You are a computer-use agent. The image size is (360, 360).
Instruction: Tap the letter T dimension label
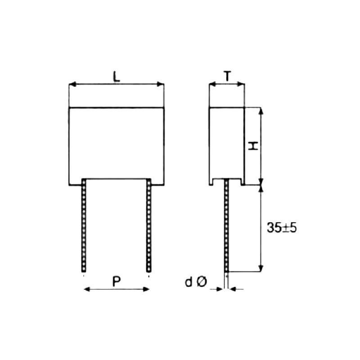tap(228, 76)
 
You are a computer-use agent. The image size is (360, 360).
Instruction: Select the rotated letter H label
tap(254, 146)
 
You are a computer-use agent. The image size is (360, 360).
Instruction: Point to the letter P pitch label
tap(116, 282)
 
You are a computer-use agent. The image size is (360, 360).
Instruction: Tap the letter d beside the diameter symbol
tap(189, 283)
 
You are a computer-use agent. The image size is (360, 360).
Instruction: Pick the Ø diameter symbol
tap(202, 283)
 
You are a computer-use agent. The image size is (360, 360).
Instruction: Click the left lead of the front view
tap(84, 225)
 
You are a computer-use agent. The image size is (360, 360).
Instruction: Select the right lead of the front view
tap(149, 225)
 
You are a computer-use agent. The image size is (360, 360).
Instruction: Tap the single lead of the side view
tap(226, 225)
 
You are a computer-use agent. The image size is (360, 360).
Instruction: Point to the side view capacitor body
tap(226, 143)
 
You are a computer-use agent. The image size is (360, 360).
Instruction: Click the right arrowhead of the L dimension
tap(162, 84)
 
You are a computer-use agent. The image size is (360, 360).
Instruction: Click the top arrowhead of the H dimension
tap(261, 110)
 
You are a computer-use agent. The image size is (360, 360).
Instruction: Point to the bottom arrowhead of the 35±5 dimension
tap(261, 269)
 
